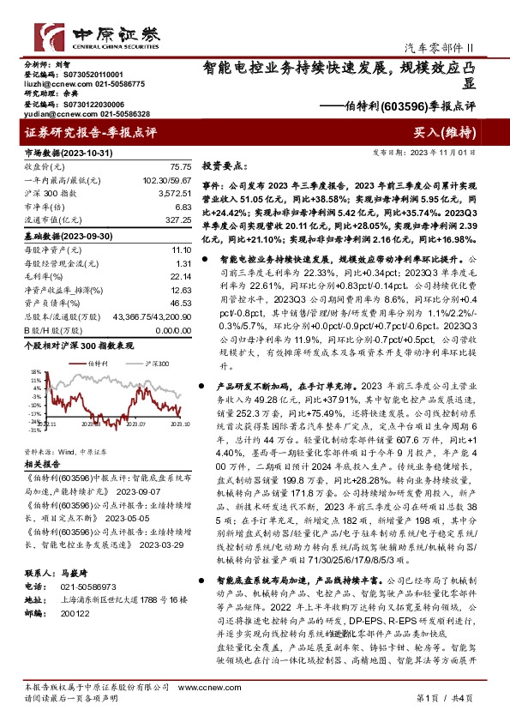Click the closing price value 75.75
point(180,166)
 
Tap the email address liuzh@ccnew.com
point(52,84)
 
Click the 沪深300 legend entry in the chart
point(155,364)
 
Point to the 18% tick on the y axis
point(33,372)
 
